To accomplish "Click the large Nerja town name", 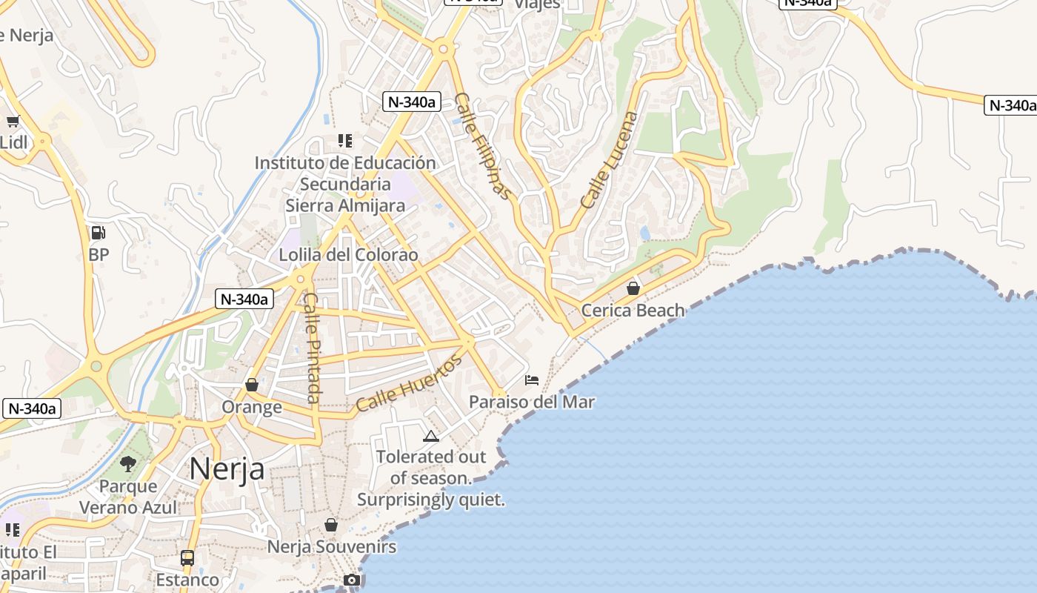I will pos(227,468).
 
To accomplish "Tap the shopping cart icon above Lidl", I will pos(13,122).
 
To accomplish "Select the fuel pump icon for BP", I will pos(98,233).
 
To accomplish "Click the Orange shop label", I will pos(252,407).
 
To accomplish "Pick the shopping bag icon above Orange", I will pos(252,385).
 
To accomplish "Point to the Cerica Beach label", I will pos(633,310).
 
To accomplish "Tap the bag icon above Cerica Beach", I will pos(633,288).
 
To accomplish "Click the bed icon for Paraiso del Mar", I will pos(532,380).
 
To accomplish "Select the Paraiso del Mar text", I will pos(532,402).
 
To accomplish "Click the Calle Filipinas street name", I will pos(483,146).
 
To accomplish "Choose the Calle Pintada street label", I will pos(312,348).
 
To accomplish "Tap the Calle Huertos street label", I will pos(409,383).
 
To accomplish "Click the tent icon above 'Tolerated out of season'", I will pos(431,436).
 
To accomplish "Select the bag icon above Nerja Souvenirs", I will pos(331,525).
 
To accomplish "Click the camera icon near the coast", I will pos(352,580).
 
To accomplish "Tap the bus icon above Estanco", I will pos(187,557).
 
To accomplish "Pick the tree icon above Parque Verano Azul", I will pos(128,464).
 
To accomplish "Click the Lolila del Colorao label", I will pos(348,255).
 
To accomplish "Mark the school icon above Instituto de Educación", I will pos(344,140).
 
